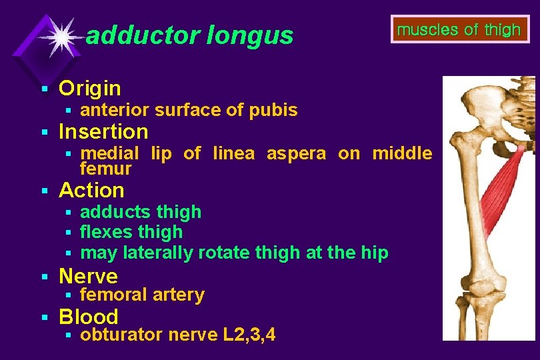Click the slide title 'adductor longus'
(x=189, y=35)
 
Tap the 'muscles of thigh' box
(x=459, y=30)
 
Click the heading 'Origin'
(x=90, y=88)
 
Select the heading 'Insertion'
(x=103, y=131)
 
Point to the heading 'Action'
(x=91, y=190)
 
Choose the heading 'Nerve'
(x=88, y=276)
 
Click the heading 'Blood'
(x=89, y=317)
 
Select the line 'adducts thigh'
(x=141, y=212)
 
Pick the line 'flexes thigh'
(x=131, y=232)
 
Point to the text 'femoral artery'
(x=142, y=295)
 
